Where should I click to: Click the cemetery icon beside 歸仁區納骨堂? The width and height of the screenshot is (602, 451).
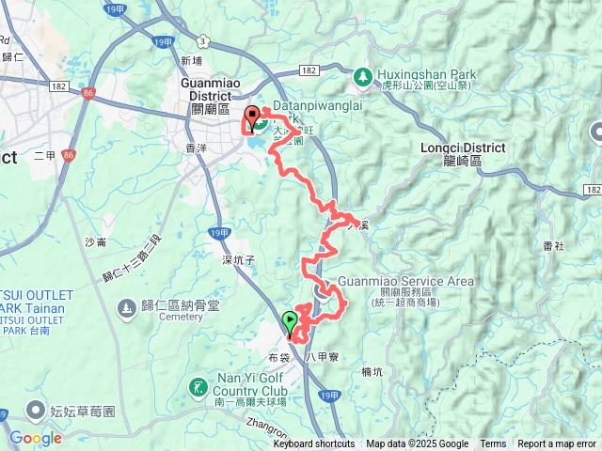[x=126, y=308]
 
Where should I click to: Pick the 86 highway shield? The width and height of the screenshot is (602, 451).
[x=88, y=93]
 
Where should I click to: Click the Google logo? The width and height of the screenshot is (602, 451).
[x=35, y=438]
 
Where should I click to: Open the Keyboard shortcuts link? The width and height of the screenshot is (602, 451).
[x=314, y=444]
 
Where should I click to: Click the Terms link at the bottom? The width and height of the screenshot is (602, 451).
[x=493, y=444]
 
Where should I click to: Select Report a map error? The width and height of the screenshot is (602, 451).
[x=557, y=444]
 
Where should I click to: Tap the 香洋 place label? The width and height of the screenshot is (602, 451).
[x=197, y=148]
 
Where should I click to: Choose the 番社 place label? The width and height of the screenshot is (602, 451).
[x=553, y=246]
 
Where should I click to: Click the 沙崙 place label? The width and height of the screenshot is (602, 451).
[x=96, y=242]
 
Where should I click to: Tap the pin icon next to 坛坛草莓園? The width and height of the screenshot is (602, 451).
[x=36, y=410]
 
